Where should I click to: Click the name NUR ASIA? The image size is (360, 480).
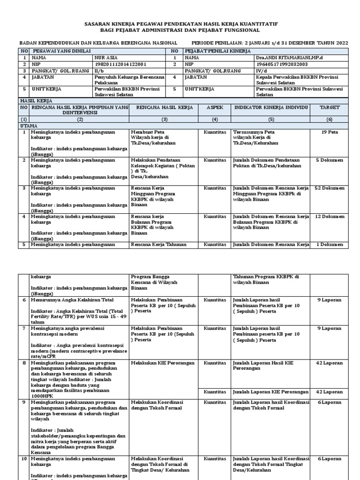pos(105,57)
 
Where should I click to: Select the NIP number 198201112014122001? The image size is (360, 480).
pos(120,64)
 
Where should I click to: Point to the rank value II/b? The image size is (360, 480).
pos(100,71)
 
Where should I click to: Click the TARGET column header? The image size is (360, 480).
pos(330,107)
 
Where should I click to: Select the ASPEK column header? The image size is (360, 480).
pos(215,107)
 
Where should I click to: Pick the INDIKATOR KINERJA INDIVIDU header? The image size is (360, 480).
pos(271,107)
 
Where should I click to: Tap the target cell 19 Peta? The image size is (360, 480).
pos(330,132)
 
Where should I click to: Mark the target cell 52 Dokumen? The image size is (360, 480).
pos(330,188)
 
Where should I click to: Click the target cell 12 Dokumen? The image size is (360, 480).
pos(330,217)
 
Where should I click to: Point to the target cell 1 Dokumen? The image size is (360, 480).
pos(330,245)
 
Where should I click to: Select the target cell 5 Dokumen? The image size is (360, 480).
pos(330,160)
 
